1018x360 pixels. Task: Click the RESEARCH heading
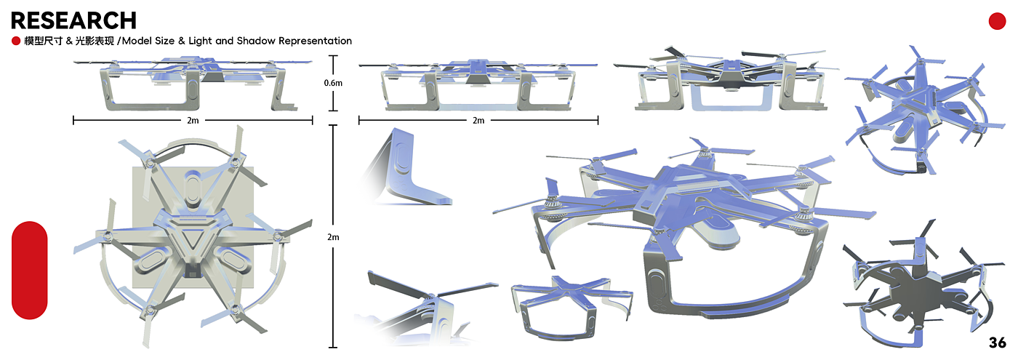tap(73, 20)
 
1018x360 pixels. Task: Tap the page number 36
tap(997, 343)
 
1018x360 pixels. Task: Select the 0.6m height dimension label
tap(333, 83)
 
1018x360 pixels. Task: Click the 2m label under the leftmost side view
tap(193, 121)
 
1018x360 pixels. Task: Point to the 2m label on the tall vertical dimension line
tap(333, 237)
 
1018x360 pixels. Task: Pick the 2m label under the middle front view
tap(478, 121)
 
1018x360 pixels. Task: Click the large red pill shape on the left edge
tap(30, 270)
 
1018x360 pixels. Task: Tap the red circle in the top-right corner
tap(997, 21)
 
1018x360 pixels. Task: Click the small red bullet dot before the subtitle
tap(16, 41)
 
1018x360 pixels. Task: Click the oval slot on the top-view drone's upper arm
tap(193, 187)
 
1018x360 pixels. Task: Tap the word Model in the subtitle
tap(136, 41)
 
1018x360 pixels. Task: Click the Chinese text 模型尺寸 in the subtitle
tap(43, 41)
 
